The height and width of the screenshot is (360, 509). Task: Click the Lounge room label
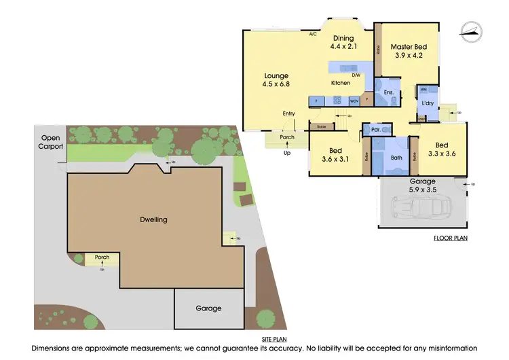276,75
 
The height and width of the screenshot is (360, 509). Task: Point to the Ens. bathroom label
389,92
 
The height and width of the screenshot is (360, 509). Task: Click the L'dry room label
428,103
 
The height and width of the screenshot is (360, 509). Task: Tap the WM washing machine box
423,89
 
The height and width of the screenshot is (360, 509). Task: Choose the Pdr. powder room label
374,129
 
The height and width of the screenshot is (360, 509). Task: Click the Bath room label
397,158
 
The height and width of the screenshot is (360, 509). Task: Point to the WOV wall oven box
354,101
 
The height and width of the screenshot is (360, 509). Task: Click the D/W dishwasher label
356,75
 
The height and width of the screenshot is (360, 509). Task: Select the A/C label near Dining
313,33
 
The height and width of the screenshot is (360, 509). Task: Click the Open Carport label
50,141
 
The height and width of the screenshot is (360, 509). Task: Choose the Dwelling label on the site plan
154,219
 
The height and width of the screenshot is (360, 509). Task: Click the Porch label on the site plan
102,257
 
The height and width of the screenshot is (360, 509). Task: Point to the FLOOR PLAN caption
451,238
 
